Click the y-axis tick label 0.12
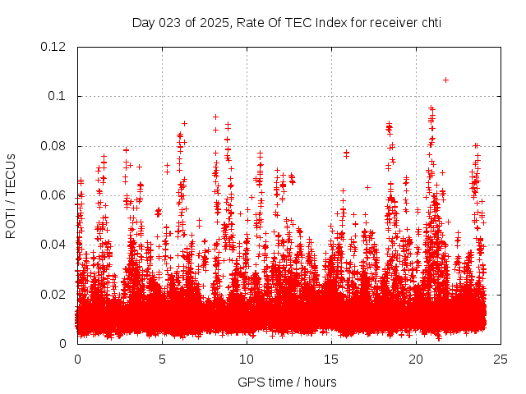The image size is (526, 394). coord(55,47)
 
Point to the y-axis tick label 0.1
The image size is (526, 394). coord(59,96)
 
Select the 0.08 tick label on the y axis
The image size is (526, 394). coord(55,146)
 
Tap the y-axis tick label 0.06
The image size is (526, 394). coord(55,195)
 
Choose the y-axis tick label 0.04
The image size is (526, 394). coord(55,245)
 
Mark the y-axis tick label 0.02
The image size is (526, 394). coord(55,294)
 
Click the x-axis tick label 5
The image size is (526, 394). coord(162,360)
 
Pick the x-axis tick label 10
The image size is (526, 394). coord(247,360)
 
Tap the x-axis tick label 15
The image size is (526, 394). coord(331,360)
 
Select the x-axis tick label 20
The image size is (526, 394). coord(416,360)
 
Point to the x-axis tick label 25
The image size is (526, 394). coord(501,360)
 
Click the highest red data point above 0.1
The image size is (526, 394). coord(445,80)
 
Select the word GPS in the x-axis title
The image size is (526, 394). coord(250,382)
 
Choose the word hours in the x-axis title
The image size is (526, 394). coord(319,382)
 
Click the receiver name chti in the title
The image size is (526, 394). coord(429,22)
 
